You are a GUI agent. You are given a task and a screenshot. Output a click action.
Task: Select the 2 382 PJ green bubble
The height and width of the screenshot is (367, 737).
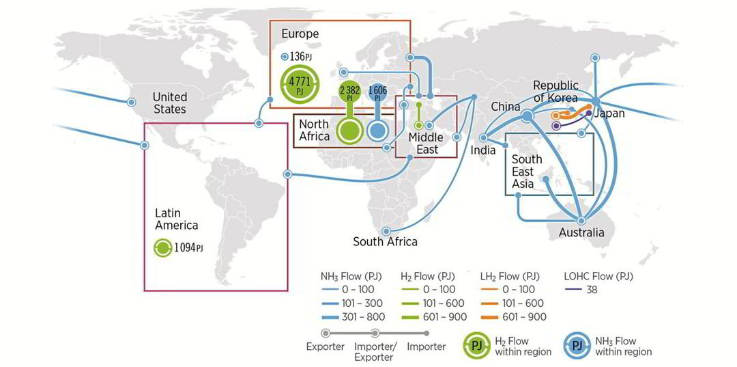point(349,94)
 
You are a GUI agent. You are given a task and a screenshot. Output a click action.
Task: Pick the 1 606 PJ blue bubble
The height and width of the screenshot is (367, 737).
point(377,94)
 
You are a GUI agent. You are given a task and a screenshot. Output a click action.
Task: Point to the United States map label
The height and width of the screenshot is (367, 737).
point(169,103)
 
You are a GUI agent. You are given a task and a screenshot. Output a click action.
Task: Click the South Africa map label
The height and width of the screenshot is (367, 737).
point(385,241)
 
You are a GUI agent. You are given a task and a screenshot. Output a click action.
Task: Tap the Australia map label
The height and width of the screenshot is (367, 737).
point(581,233)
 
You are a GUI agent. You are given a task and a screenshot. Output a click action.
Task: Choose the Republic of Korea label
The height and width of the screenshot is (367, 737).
point(555,92)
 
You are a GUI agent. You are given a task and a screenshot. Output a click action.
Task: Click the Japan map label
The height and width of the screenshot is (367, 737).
point(609,113)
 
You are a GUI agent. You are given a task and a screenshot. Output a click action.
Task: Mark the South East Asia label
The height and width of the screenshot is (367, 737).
point(527,171)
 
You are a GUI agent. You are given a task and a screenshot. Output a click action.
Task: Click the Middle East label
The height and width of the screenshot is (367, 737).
point(426,144)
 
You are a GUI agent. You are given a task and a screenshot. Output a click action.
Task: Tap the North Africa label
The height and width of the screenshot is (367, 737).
point(314,130)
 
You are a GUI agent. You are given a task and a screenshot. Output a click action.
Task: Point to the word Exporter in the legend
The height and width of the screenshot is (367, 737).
point(325,346)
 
